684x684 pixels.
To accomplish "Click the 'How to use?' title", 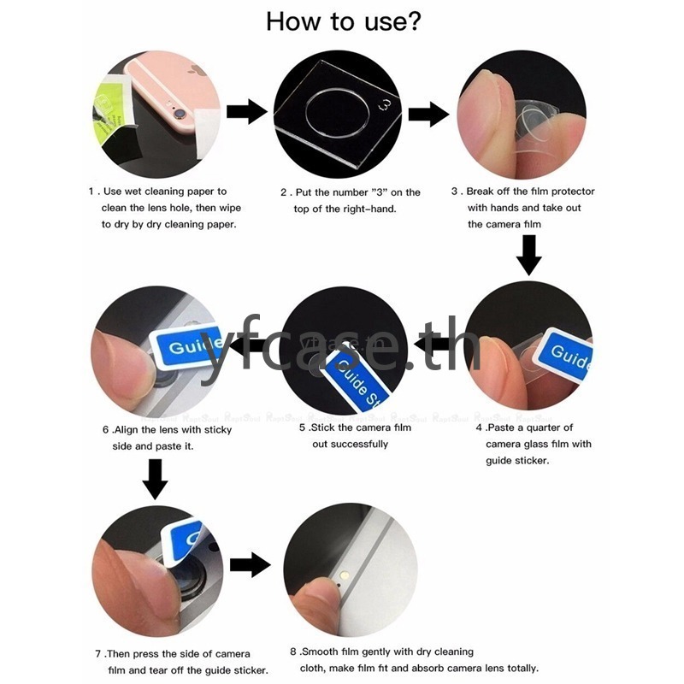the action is pos(344,22).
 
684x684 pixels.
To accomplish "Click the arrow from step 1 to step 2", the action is pos(247,112).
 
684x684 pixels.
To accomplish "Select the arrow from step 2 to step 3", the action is pos(429,115).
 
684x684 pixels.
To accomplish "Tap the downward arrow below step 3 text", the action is pos(529,255).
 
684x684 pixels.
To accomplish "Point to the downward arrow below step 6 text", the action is pos(156,480).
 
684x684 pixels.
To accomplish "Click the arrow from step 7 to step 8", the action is pos(251,565).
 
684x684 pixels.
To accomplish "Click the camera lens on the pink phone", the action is pos(180,115).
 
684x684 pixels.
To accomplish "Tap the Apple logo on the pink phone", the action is pos(197,70).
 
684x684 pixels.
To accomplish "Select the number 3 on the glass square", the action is pos(385,104).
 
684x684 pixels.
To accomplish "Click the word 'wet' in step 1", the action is pos(133,191).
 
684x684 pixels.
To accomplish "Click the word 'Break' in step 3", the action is pos(480,191).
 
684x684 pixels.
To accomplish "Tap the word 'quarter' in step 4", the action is pos(545,427).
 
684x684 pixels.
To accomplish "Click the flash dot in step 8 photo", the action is pos(345,575).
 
